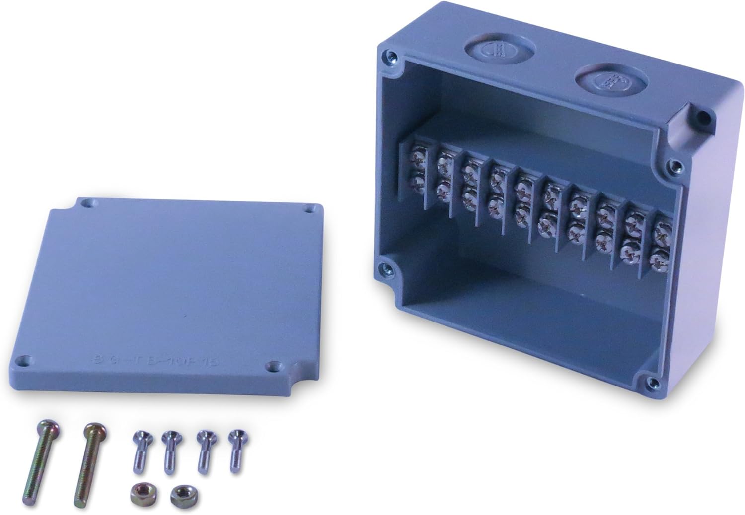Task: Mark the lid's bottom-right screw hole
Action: (272, 367)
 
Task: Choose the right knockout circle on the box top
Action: (610, 79)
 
